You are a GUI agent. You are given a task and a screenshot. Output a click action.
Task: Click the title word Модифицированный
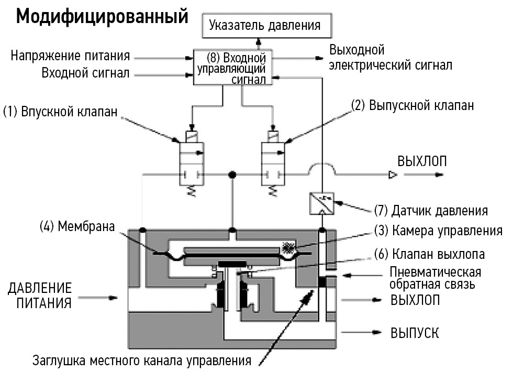pos(102,17)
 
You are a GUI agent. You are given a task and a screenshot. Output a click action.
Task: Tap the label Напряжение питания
pos(70,56)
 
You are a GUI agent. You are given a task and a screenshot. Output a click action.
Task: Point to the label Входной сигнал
pos(85,73)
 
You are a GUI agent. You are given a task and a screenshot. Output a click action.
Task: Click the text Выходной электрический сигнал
pos(391,58)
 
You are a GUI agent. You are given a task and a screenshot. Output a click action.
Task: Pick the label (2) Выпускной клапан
pos(412,105)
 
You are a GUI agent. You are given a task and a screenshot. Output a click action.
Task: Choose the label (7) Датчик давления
pos(431,211)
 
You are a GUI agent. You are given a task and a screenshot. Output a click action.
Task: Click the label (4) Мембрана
pos(77,227)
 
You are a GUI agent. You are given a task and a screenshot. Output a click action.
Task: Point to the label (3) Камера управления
pos(438,231)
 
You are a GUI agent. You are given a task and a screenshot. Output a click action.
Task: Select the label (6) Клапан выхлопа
pos(429,254)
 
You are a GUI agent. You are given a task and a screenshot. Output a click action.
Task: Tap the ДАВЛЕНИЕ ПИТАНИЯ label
pos(40,296)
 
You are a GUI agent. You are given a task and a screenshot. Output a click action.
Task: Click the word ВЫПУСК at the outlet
pos(415,333)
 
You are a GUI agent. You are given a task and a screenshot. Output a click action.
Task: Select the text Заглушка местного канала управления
pos(141,361)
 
